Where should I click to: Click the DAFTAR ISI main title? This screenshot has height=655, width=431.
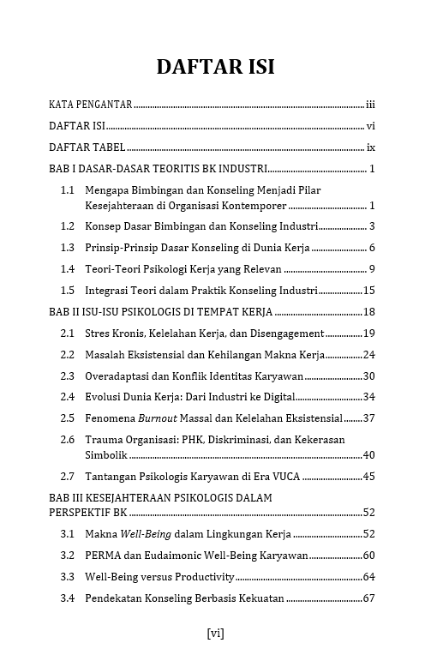(215, 68)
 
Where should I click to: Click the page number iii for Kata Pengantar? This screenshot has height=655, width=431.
(371, 105)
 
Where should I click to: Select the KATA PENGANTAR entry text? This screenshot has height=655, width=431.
(90, 105)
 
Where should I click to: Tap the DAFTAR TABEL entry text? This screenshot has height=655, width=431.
(87, 147)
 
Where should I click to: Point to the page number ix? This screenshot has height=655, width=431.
(372, 147)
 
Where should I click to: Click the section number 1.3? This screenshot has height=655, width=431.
(68, 248)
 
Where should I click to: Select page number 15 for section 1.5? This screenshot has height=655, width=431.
(369, 291)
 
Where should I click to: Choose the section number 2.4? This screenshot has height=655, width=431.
(68, 397)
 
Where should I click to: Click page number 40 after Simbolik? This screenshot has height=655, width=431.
(369, 455)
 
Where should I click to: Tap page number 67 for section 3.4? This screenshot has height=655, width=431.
(369, 598)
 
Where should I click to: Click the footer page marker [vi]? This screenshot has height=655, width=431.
(215, 634)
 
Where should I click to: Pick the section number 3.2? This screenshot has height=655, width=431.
(68, 556)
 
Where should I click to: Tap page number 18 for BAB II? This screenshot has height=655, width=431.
(369, 312)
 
